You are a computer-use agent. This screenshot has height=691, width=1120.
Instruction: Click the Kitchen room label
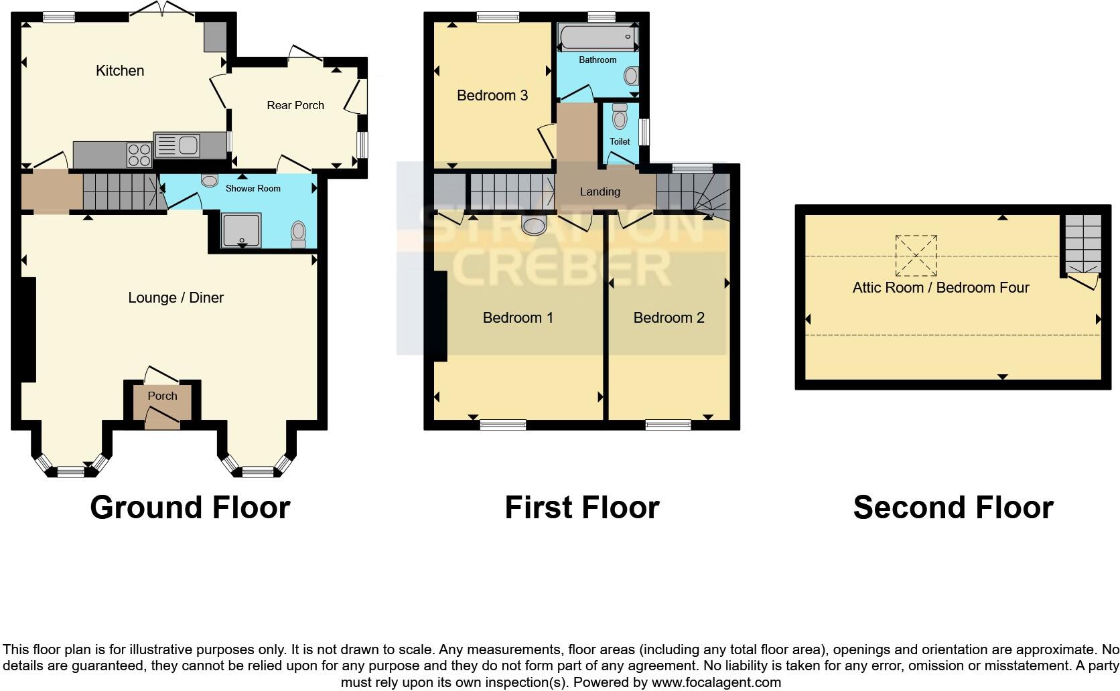click(x=120, y=71)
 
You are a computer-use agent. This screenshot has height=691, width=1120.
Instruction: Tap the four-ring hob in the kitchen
click(x=139, y=155)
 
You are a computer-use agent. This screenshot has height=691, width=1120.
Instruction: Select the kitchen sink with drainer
click(x=177, y=145)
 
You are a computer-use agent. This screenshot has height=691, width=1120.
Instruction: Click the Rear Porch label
click(x=295, y=106)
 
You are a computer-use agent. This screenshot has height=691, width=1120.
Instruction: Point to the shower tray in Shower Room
click(x=240, y=230)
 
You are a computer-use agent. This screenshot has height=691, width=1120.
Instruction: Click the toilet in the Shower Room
click(x=298, y=234)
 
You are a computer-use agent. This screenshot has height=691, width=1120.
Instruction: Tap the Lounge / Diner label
click(x=176, y=298)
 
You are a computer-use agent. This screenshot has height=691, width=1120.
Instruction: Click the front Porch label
click(x=162, y=396)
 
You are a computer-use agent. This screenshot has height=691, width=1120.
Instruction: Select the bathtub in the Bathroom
click(x=597, y=37)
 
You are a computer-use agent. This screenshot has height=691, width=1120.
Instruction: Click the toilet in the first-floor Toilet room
click(x=620, y=118)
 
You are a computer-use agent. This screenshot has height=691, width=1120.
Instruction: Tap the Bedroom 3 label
click(x=492, y=96)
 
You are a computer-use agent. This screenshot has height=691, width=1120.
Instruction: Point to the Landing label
click(x=600, y=192)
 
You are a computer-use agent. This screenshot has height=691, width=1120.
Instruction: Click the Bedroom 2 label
click(x=669, y=318)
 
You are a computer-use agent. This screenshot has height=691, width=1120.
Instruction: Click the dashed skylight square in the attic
click(x=916, y=256)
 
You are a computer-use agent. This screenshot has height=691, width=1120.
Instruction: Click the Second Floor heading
click(x=953, y=508)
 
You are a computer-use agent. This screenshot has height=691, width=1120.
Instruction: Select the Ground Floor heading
click(x=190, y=508)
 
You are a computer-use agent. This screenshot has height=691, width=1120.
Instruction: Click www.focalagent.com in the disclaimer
click(x=715, y=683)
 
